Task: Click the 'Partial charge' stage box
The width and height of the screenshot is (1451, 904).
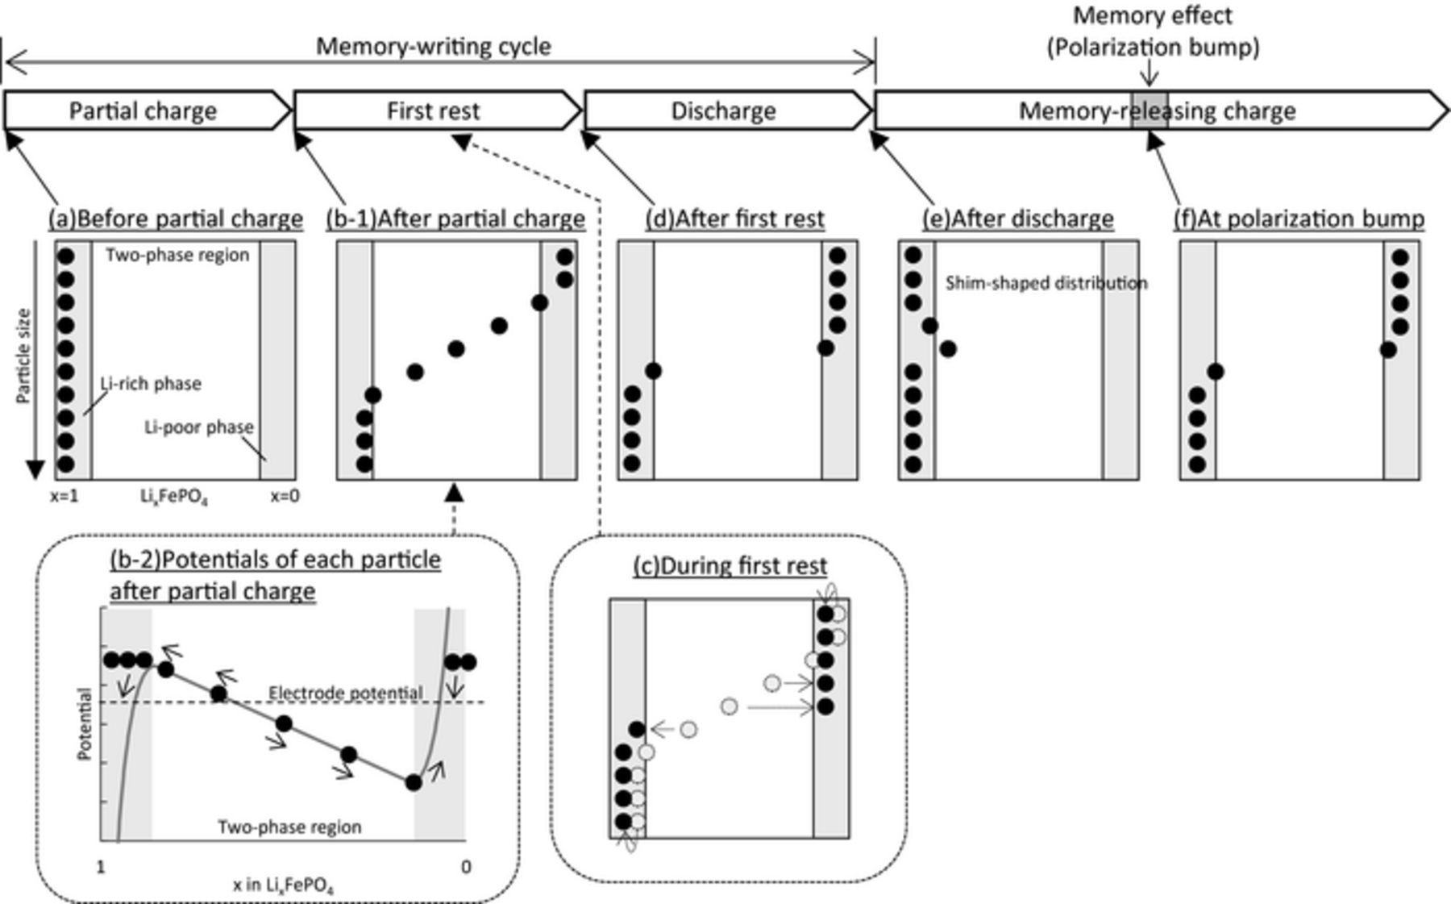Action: click(x=143, y=110)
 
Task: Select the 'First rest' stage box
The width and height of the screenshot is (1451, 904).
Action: click(x=433, y=110)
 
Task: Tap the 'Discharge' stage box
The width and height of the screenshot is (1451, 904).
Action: click(x=723, y=110)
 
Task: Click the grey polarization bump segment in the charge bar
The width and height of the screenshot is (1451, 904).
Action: click(x=1150, y=110)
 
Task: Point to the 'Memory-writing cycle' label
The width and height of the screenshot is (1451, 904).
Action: click(x=433, y=46)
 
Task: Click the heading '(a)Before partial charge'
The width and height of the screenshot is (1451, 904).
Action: click(x=176, y=219)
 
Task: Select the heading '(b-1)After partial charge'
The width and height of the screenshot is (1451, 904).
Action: click(x=455, y=219)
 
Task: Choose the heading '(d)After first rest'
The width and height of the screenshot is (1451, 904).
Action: click(x=735, y=219)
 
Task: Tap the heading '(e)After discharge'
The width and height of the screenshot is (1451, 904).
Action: click(x=1018, y=219)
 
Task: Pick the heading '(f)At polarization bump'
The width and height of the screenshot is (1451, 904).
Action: click(x=1299, y=219)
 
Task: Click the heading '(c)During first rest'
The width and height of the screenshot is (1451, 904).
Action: click(x=730, y=566)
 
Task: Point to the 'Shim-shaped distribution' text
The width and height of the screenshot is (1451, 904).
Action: click(x=1046, y=283)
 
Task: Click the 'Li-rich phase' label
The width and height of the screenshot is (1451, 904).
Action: click(x=151, y=384)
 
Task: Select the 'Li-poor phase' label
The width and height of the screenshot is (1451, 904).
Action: click(x=198, y=427)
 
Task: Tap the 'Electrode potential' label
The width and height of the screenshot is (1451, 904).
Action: click(x=345, y=693)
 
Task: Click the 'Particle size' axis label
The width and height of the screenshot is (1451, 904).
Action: click(x=23, y=356)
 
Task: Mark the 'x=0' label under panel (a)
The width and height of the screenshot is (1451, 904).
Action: click(x=285, y=497)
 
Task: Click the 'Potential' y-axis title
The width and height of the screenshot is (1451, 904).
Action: click(x=84, y=723)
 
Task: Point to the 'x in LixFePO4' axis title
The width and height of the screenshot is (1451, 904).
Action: click(x=283, y=885)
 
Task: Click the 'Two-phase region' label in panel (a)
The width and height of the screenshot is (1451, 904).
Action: click(x=177, y=256)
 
